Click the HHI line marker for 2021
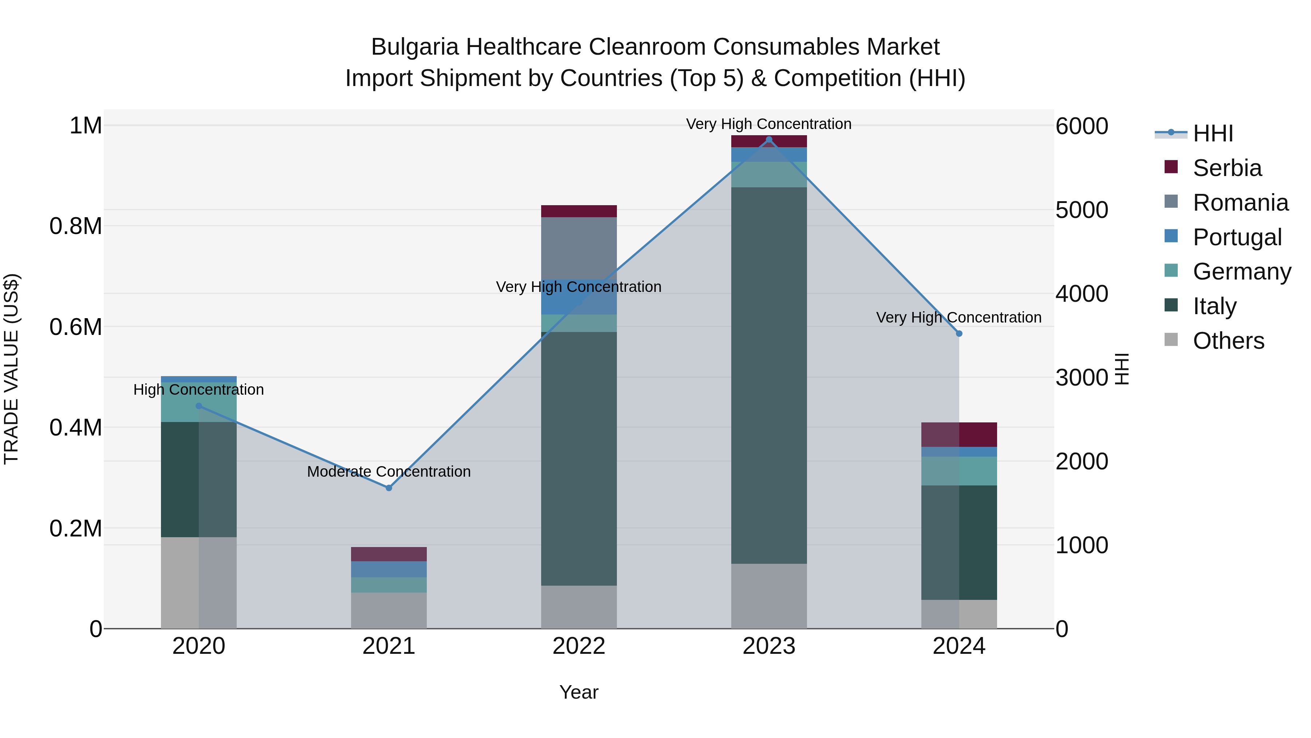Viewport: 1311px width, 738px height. pos(389,488)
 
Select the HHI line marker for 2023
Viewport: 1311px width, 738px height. pos(769,140)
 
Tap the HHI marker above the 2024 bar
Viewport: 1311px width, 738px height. pos(959,333)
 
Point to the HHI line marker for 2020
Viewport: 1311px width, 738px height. pos(199,406)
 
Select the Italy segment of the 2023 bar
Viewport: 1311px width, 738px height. pos(769,375)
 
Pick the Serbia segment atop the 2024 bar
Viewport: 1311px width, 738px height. pos(959,434)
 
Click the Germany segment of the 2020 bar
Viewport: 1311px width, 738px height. pos(199,402)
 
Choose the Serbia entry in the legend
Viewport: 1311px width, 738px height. pos(1227,168)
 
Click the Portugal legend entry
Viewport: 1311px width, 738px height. pos(1237,237)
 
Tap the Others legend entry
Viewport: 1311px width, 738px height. pos(1228,341)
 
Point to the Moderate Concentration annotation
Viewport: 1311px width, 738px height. pos(389,472)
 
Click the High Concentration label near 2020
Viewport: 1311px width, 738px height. pos(198,390)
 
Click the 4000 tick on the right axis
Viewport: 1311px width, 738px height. pos(1082,294)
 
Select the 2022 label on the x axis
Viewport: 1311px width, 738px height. pos(579,646)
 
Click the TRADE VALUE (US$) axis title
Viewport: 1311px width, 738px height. pos(11,369)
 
